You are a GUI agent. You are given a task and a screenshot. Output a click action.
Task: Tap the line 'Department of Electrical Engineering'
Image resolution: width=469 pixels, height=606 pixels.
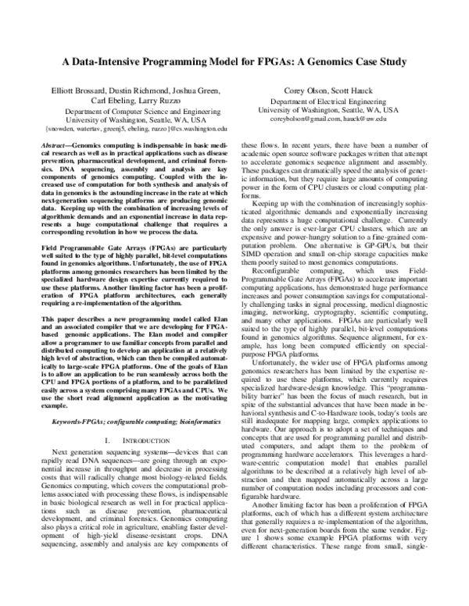pyautogui.click(x=328, y=102)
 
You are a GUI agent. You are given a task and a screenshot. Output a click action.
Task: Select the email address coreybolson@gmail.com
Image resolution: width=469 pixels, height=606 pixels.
pyautogui.click(x=309, y=119)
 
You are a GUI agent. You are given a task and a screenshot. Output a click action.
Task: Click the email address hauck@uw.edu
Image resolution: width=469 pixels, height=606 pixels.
pyautogui.click(x=367, y=119)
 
